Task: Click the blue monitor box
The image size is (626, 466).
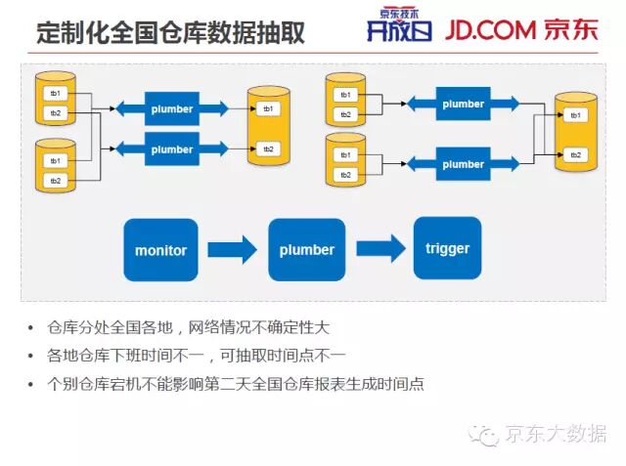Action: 160,250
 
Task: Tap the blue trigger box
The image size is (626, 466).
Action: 447,248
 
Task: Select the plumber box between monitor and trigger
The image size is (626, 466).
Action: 306,250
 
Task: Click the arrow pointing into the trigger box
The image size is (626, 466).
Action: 380,248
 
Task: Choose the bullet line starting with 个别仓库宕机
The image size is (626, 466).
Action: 236,383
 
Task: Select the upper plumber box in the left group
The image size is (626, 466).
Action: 172,109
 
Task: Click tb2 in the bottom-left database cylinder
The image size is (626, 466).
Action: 56,181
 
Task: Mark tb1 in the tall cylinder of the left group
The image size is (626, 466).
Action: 267,108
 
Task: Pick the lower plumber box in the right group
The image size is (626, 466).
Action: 463,164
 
